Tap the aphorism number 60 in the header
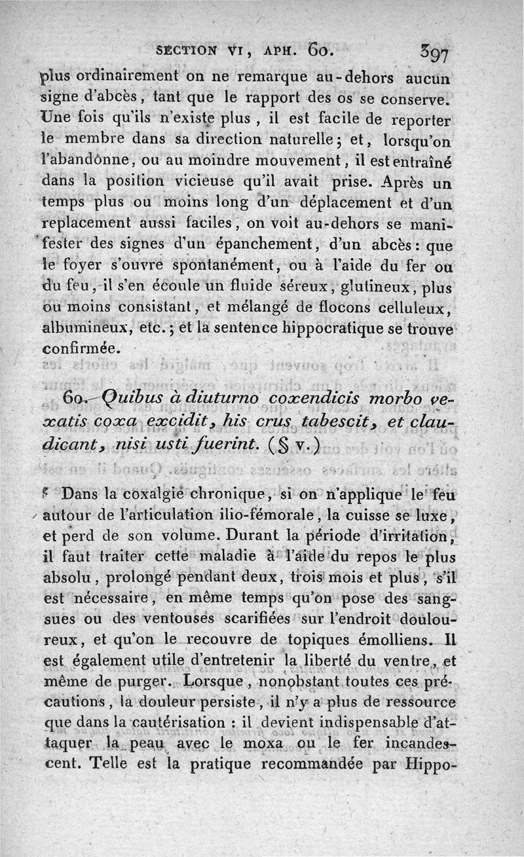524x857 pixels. click(321, 49)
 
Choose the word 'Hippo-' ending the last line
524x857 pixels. click(430, 764)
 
